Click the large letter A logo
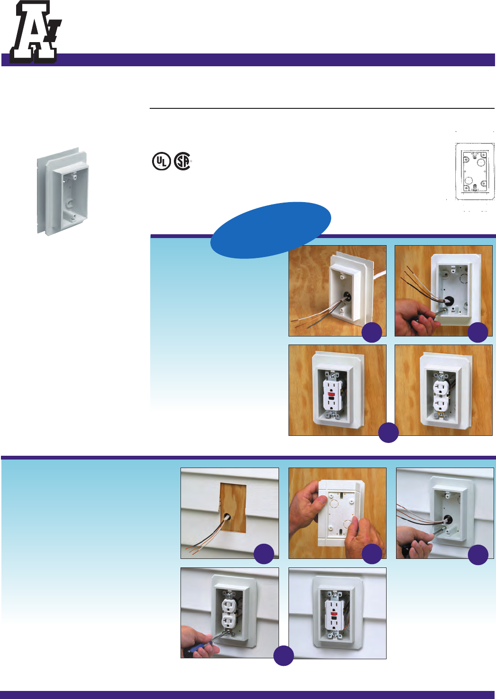click(34, 32)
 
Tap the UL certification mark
click(161, 161)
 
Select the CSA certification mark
click(182, 161)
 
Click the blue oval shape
click(271, 230)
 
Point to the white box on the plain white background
click(63, 191)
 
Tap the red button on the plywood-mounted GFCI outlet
click(332, 394)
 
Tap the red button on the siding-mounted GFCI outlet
click(334, 613)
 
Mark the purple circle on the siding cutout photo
click(264, 554)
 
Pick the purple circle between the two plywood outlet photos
click(388, 432)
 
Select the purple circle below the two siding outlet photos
click(284, 655)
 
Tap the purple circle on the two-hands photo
click(372, 554)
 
